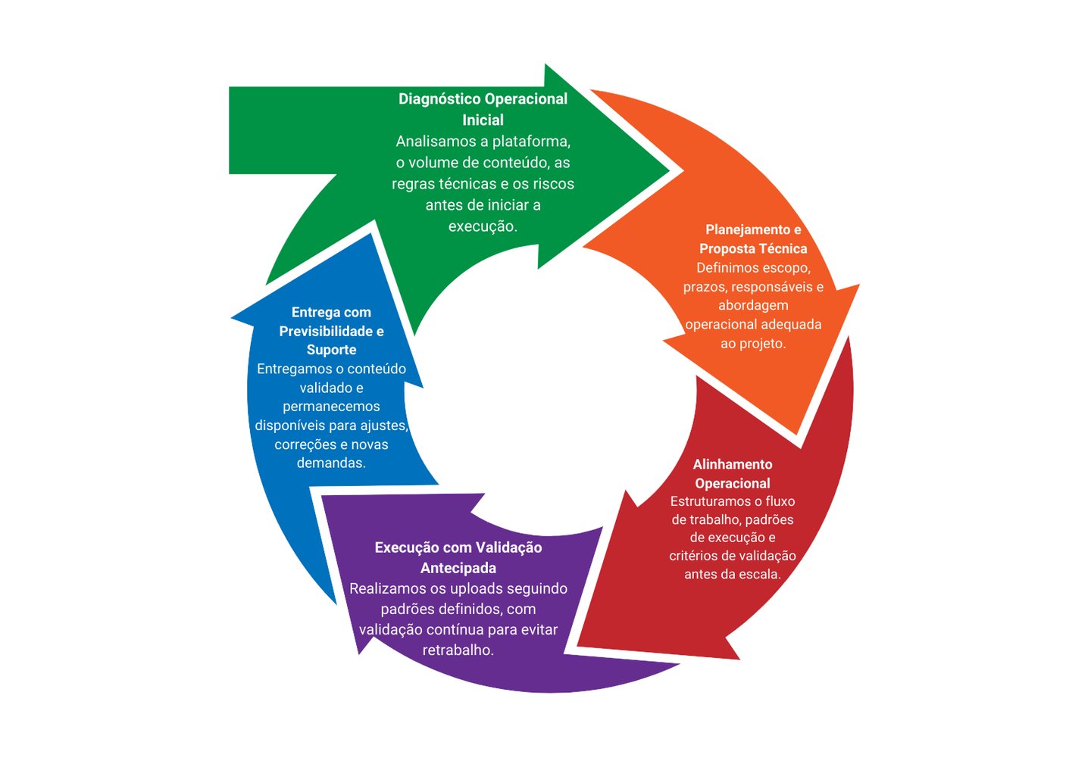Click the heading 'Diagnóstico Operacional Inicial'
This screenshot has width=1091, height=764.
[x=483, y=109]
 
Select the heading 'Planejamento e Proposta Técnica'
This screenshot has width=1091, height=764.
[x=753, y=239]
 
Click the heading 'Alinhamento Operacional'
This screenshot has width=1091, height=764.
[x=733, y=473]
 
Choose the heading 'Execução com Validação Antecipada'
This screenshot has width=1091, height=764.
[x=458, y=557]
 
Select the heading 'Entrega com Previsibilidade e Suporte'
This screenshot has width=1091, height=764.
[x=331, y=331]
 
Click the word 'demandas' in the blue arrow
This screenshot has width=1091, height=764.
[x=330, y=463]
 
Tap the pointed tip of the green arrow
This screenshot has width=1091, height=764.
[x=670, y=170]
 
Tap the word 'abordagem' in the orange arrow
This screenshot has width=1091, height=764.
[x=753, y=306]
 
